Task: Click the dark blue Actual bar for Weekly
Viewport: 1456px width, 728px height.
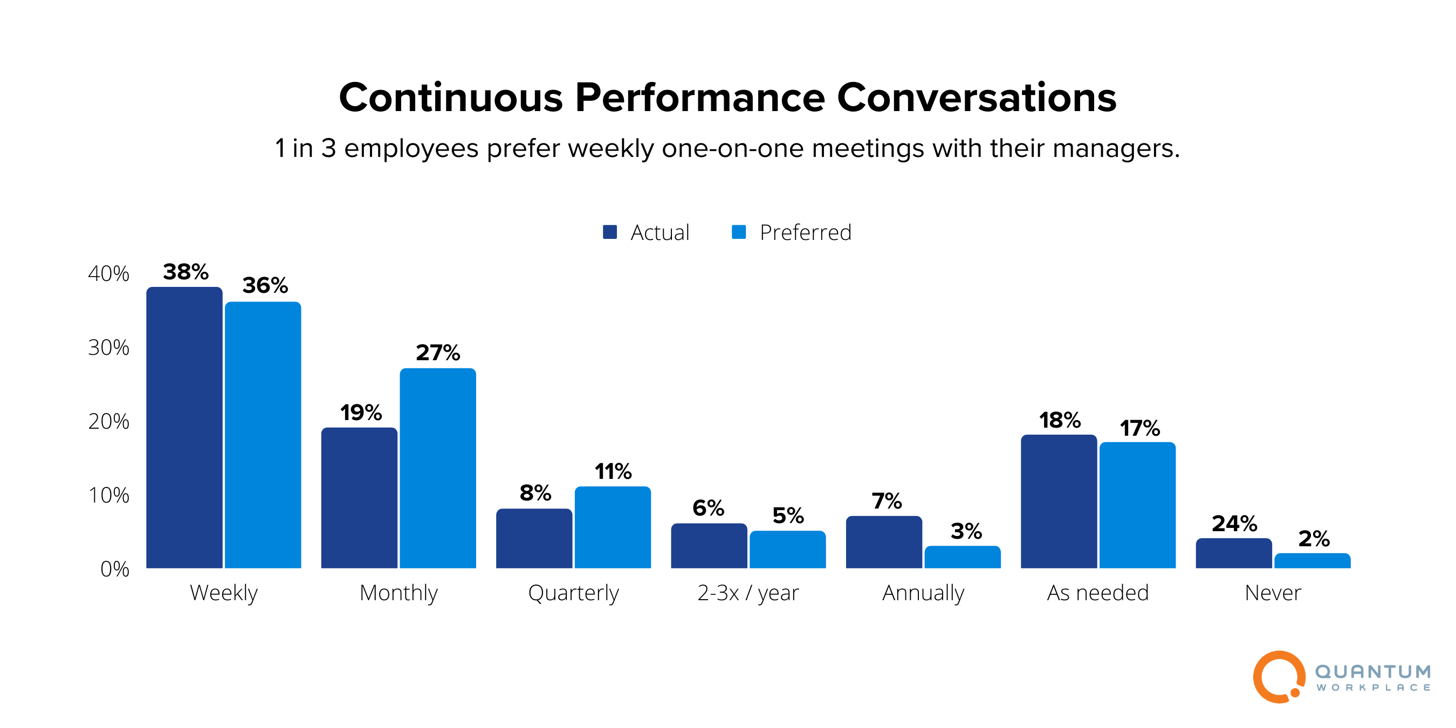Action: coord(184,428)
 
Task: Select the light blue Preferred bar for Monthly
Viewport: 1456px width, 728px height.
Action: coord(437,469)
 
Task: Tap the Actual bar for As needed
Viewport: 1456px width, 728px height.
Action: coord(1059,502)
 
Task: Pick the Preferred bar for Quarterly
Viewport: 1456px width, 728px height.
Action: coord(613,527)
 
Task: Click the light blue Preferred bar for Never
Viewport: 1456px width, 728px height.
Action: coord(1312,561)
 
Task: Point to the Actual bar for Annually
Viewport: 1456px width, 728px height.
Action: coord(883,542)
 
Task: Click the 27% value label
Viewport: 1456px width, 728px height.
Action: coord(437,353)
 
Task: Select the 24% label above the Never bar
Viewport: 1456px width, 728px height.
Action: coord(1234,524)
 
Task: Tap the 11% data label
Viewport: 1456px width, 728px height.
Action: coord(613,471)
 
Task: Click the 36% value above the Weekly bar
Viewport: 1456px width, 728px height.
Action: coord(265,285)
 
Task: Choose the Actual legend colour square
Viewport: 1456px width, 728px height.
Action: coord(609,232)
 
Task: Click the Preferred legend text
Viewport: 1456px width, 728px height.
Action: coord(805,233)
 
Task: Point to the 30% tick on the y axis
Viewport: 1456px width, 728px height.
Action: coord(108,348)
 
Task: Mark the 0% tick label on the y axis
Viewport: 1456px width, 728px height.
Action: coord(114,569)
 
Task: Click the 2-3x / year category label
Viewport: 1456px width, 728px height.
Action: coord(748,593)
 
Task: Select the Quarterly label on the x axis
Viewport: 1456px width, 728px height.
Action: coord(573,593)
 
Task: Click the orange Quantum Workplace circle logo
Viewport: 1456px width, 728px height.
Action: coord(1279,677)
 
